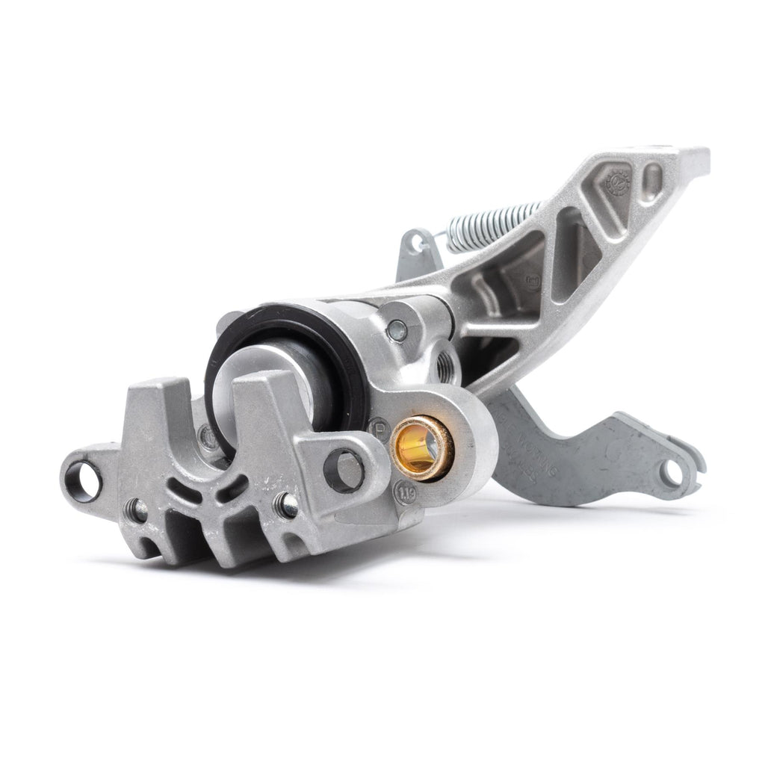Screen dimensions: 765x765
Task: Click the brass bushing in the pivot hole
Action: (422, 446)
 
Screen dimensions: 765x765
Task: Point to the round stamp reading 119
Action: (406, 495)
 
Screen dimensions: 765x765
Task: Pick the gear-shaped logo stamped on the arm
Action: (617, 182)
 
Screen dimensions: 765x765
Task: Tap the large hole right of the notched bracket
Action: (345, 468)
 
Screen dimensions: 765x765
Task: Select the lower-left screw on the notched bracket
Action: (137, 511)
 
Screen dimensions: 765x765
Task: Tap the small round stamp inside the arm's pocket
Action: (533, 282)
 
